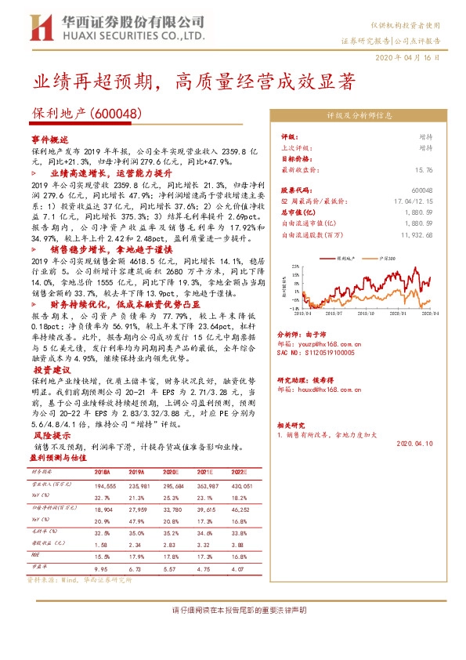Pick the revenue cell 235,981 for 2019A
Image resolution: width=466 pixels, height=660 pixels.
coord(129,486)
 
